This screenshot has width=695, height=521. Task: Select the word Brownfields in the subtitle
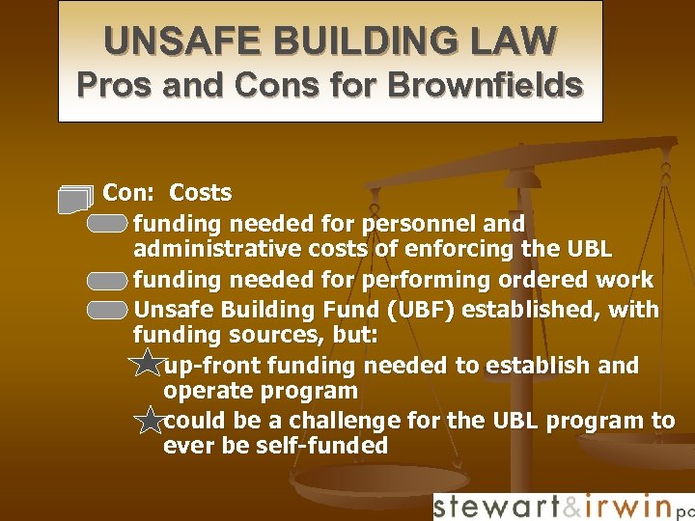point(485,86)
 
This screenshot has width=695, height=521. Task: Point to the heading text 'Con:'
point(131,193)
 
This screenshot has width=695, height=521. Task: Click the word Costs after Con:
point(201,193)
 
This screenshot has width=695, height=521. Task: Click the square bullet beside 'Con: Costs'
point(75,198)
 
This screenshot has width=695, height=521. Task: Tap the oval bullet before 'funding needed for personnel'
point(106,225)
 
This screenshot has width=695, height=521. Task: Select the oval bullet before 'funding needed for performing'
point(106,282)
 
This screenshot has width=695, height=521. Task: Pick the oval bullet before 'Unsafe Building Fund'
point(106,311)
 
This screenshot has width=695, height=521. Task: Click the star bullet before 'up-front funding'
point(148,365)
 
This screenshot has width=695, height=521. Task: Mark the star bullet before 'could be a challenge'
point(149,420)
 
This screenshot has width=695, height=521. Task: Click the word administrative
point(204,250)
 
